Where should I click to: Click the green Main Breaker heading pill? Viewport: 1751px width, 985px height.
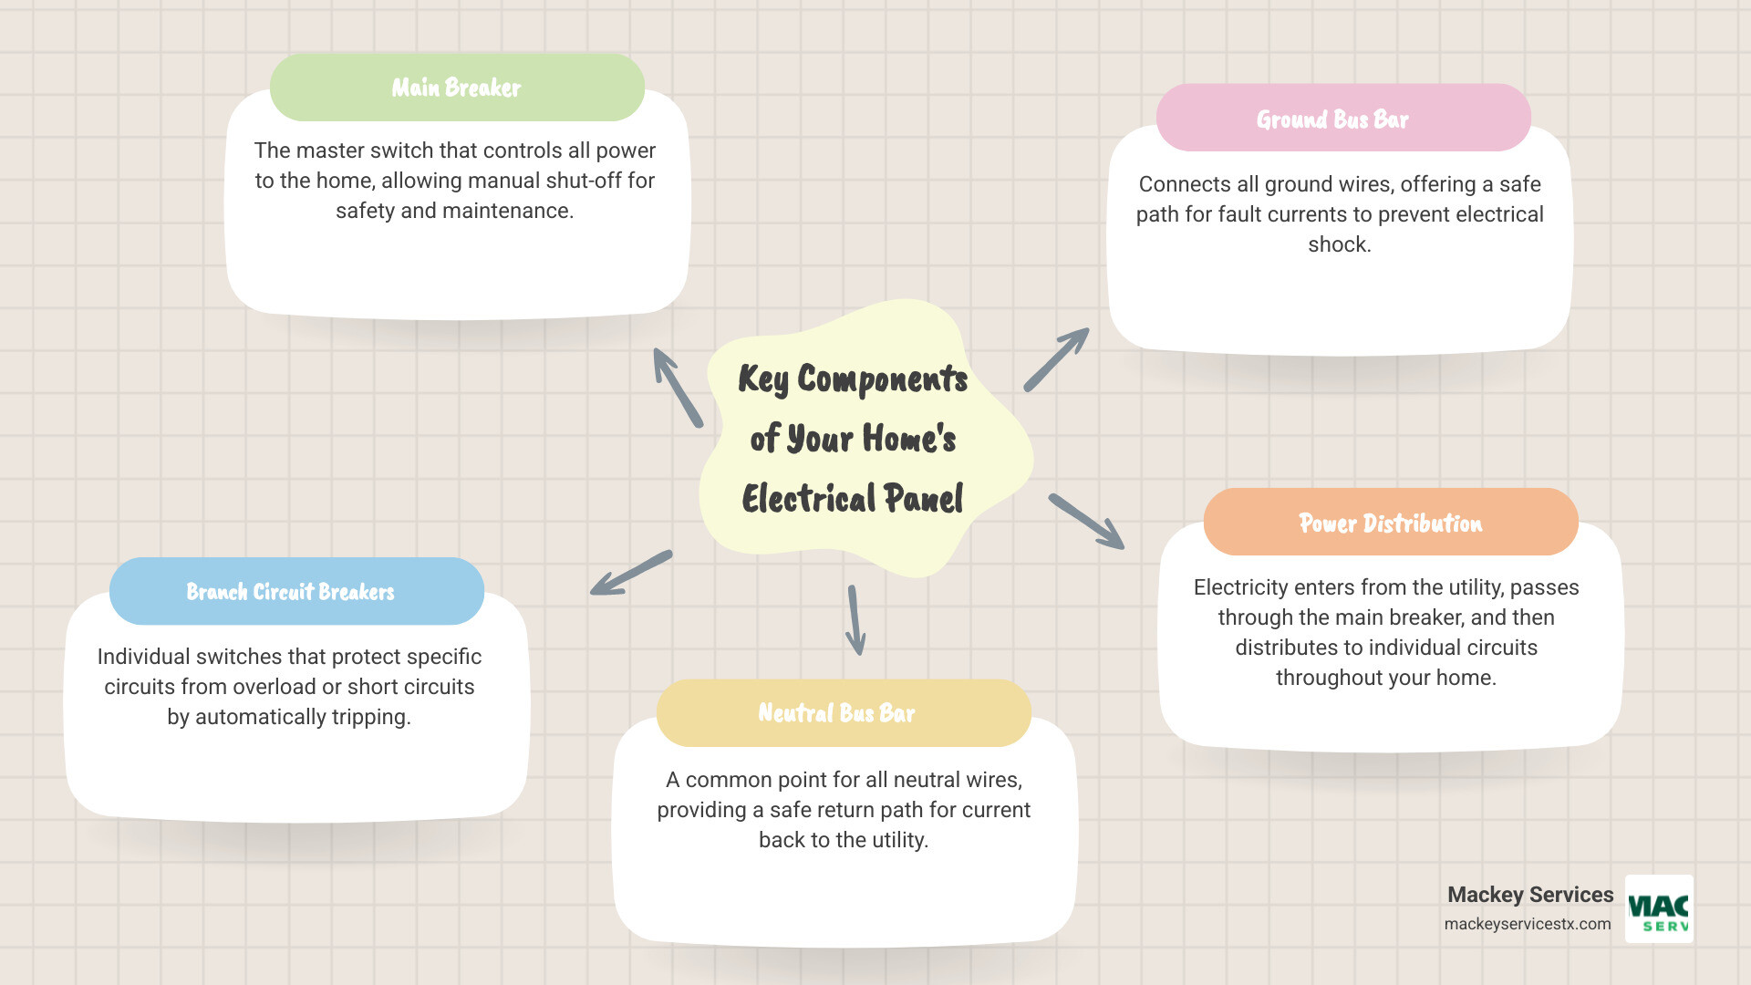[457, 88]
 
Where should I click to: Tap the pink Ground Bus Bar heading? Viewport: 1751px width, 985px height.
[1342, 119]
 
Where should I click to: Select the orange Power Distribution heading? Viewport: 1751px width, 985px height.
[1391, 523]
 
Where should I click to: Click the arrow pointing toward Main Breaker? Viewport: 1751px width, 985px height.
[678, 388]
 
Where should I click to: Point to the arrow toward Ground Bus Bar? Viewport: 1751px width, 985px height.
[1056, 359]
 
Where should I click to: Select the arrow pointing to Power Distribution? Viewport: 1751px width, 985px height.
[1086, 522]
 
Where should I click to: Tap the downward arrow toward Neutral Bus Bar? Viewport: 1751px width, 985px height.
[855, 620]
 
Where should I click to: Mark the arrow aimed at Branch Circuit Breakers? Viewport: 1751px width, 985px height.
[631, 573]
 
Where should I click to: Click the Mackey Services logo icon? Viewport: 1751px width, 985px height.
[1659, 908]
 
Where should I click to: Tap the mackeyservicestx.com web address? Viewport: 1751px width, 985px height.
[1528, 924]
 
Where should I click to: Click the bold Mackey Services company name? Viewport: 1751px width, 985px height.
[1530, 895]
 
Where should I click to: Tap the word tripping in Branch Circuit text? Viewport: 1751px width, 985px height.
[369, 717]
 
